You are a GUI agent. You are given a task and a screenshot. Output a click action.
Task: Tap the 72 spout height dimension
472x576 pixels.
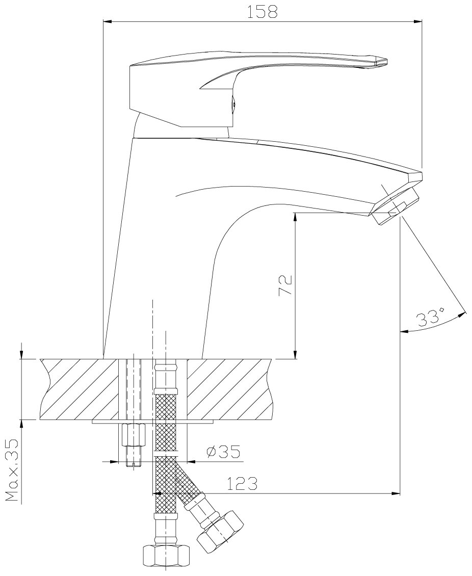pos(285,285)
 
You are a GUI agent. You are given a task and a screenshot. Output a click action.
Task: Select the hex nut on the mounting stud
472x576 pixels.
pos(134,435)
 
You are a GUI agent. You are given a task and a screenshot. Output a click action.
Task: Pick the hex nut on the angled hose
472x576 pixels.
pos(220,532)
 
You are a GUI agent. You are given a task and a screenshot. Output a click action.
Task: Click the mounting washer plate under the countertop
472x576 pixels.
pos(153,422)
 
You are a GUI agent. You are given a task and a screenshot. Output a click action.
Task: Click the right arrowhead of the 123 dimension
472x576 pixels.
pos(395,493)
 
